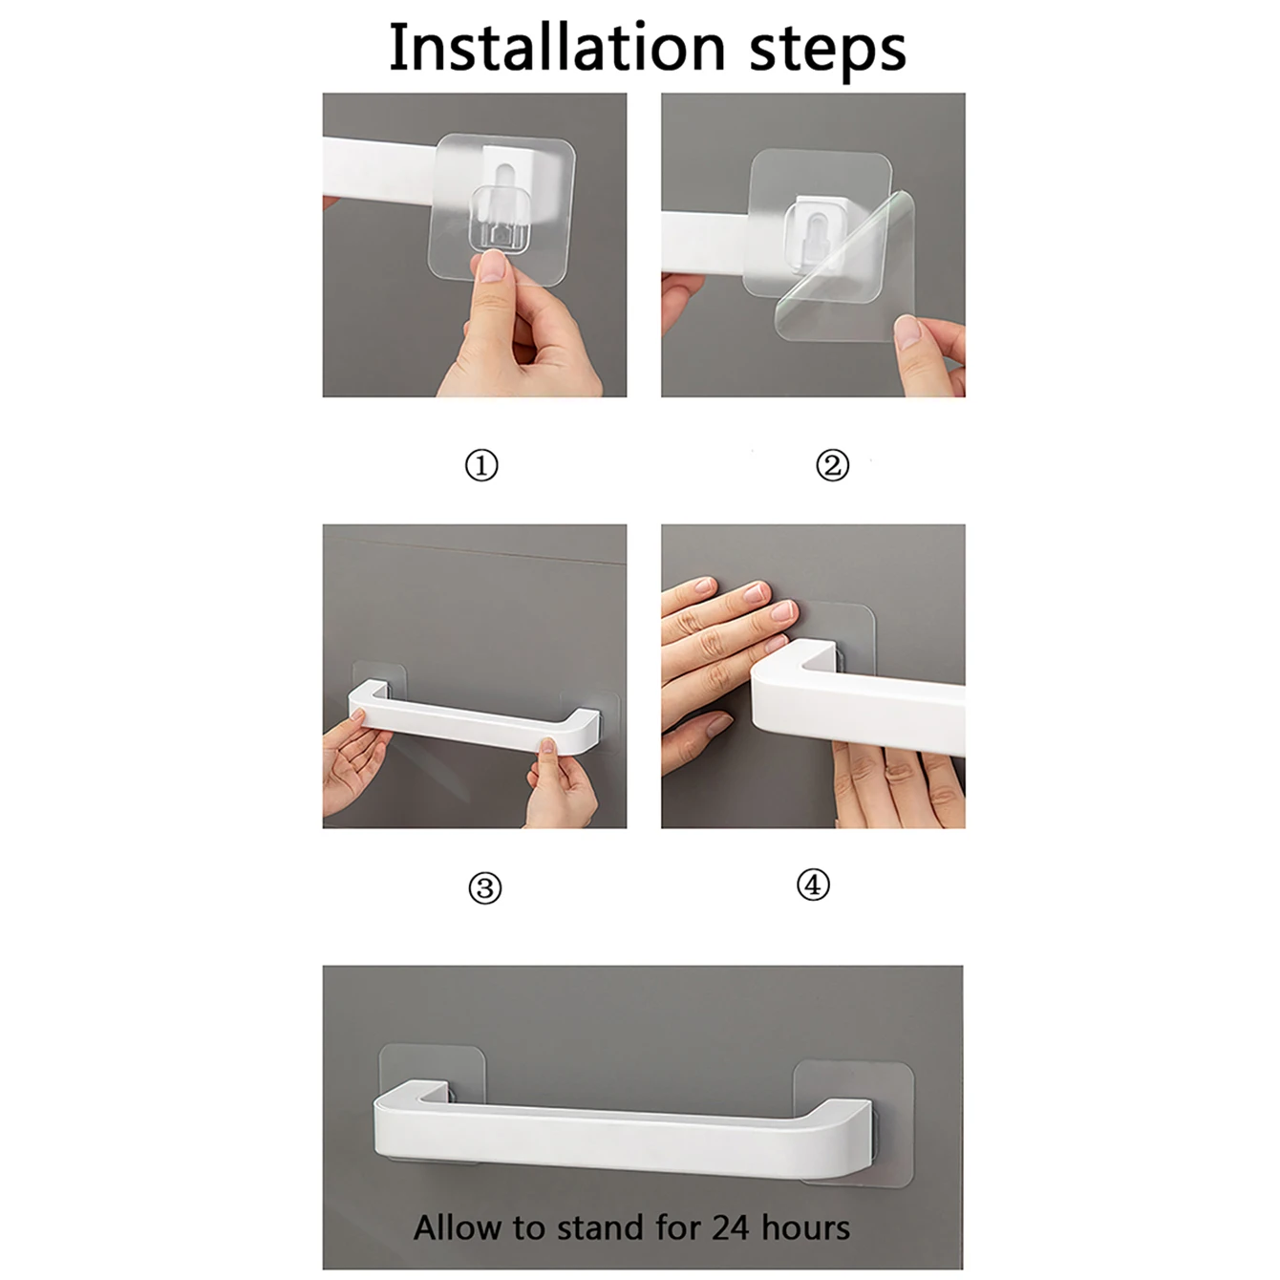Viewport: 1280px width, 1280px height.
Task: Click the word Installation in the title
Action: pos(557,47)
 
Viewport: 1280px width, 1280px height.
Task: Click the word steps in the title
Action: pos(827,52)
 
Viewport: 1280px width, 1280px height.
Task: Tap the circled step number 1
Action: pos(481,465)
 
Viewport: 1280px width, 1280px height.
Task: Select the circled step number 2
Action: pos(832,465)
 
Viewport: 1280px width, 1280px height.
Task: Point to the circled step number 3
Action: pos(485,888)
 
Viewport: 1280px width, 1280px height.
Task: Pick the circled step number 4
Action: pos(813,885)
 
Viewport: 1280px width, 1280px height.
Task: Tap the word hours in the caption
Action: pos(805,1227)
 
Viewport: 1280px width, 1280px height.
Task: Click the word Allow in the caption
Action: pos(459,1227)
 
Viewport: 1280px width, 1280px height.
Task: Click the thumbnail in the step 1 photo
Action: pos(492,266)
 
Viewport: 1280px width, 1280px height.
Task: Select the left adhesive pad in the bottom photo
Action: pos(432,1082)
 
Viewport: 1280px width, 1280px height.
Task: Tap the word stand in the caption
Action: pos(602,1227)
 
